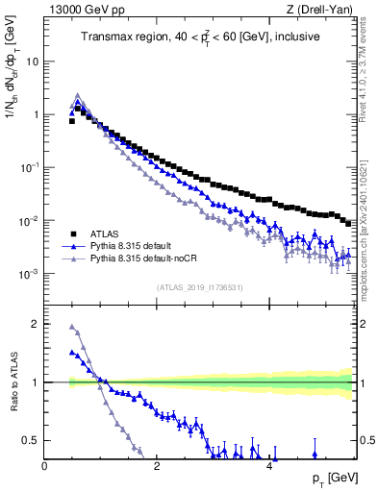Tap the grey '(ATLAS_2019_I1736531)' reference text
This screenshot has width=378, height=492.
[199, 286]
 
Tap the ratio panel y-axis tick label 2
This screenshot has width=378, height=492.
[37, 324]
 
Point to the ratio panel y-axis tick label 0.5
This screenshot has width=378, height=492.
[33, 440]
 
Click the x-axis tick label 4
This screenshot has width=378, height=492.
[269, 466]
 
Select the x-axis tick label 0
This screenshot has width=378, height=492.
[45, 466]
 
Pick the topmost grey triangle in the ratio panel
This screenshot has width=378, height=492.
[72, 327]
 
